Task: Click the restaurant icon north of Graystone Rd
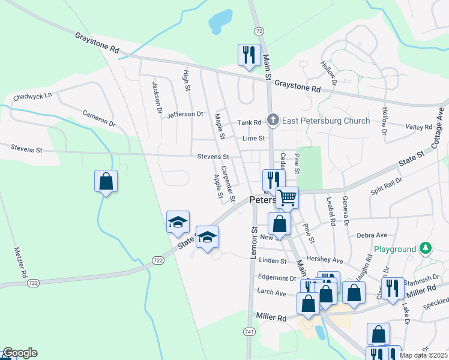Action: (x=248, y=55)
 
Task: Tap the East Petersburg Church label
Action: (x=327, y=121)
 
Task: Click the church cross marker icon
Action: (x=273, y=121)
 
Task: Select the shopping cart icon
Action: (x=288, y=197)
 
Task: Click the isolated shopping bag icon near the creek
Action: (x=106, y=181)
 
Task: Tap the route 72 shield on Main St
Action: (x=258, y=31)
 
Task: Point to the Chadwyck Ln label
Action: (x=32, y=95)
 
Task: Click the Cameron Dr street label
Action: (x=98, y=118)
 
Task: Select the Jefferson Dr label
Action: (x=185, y=114)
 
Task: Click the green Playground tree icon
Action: (x=426, y=248)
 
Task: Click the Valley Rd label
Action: (x=418, y=127)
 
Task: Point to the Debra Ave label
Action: (x=372, y=236)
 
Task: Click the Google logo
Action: (x=20, y=353)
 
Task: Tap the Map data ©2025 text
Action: (x=423, y=355)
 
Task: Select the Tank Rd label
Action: (x=250, y=122)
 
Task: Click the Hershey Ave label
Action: (x=328, y=260)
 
